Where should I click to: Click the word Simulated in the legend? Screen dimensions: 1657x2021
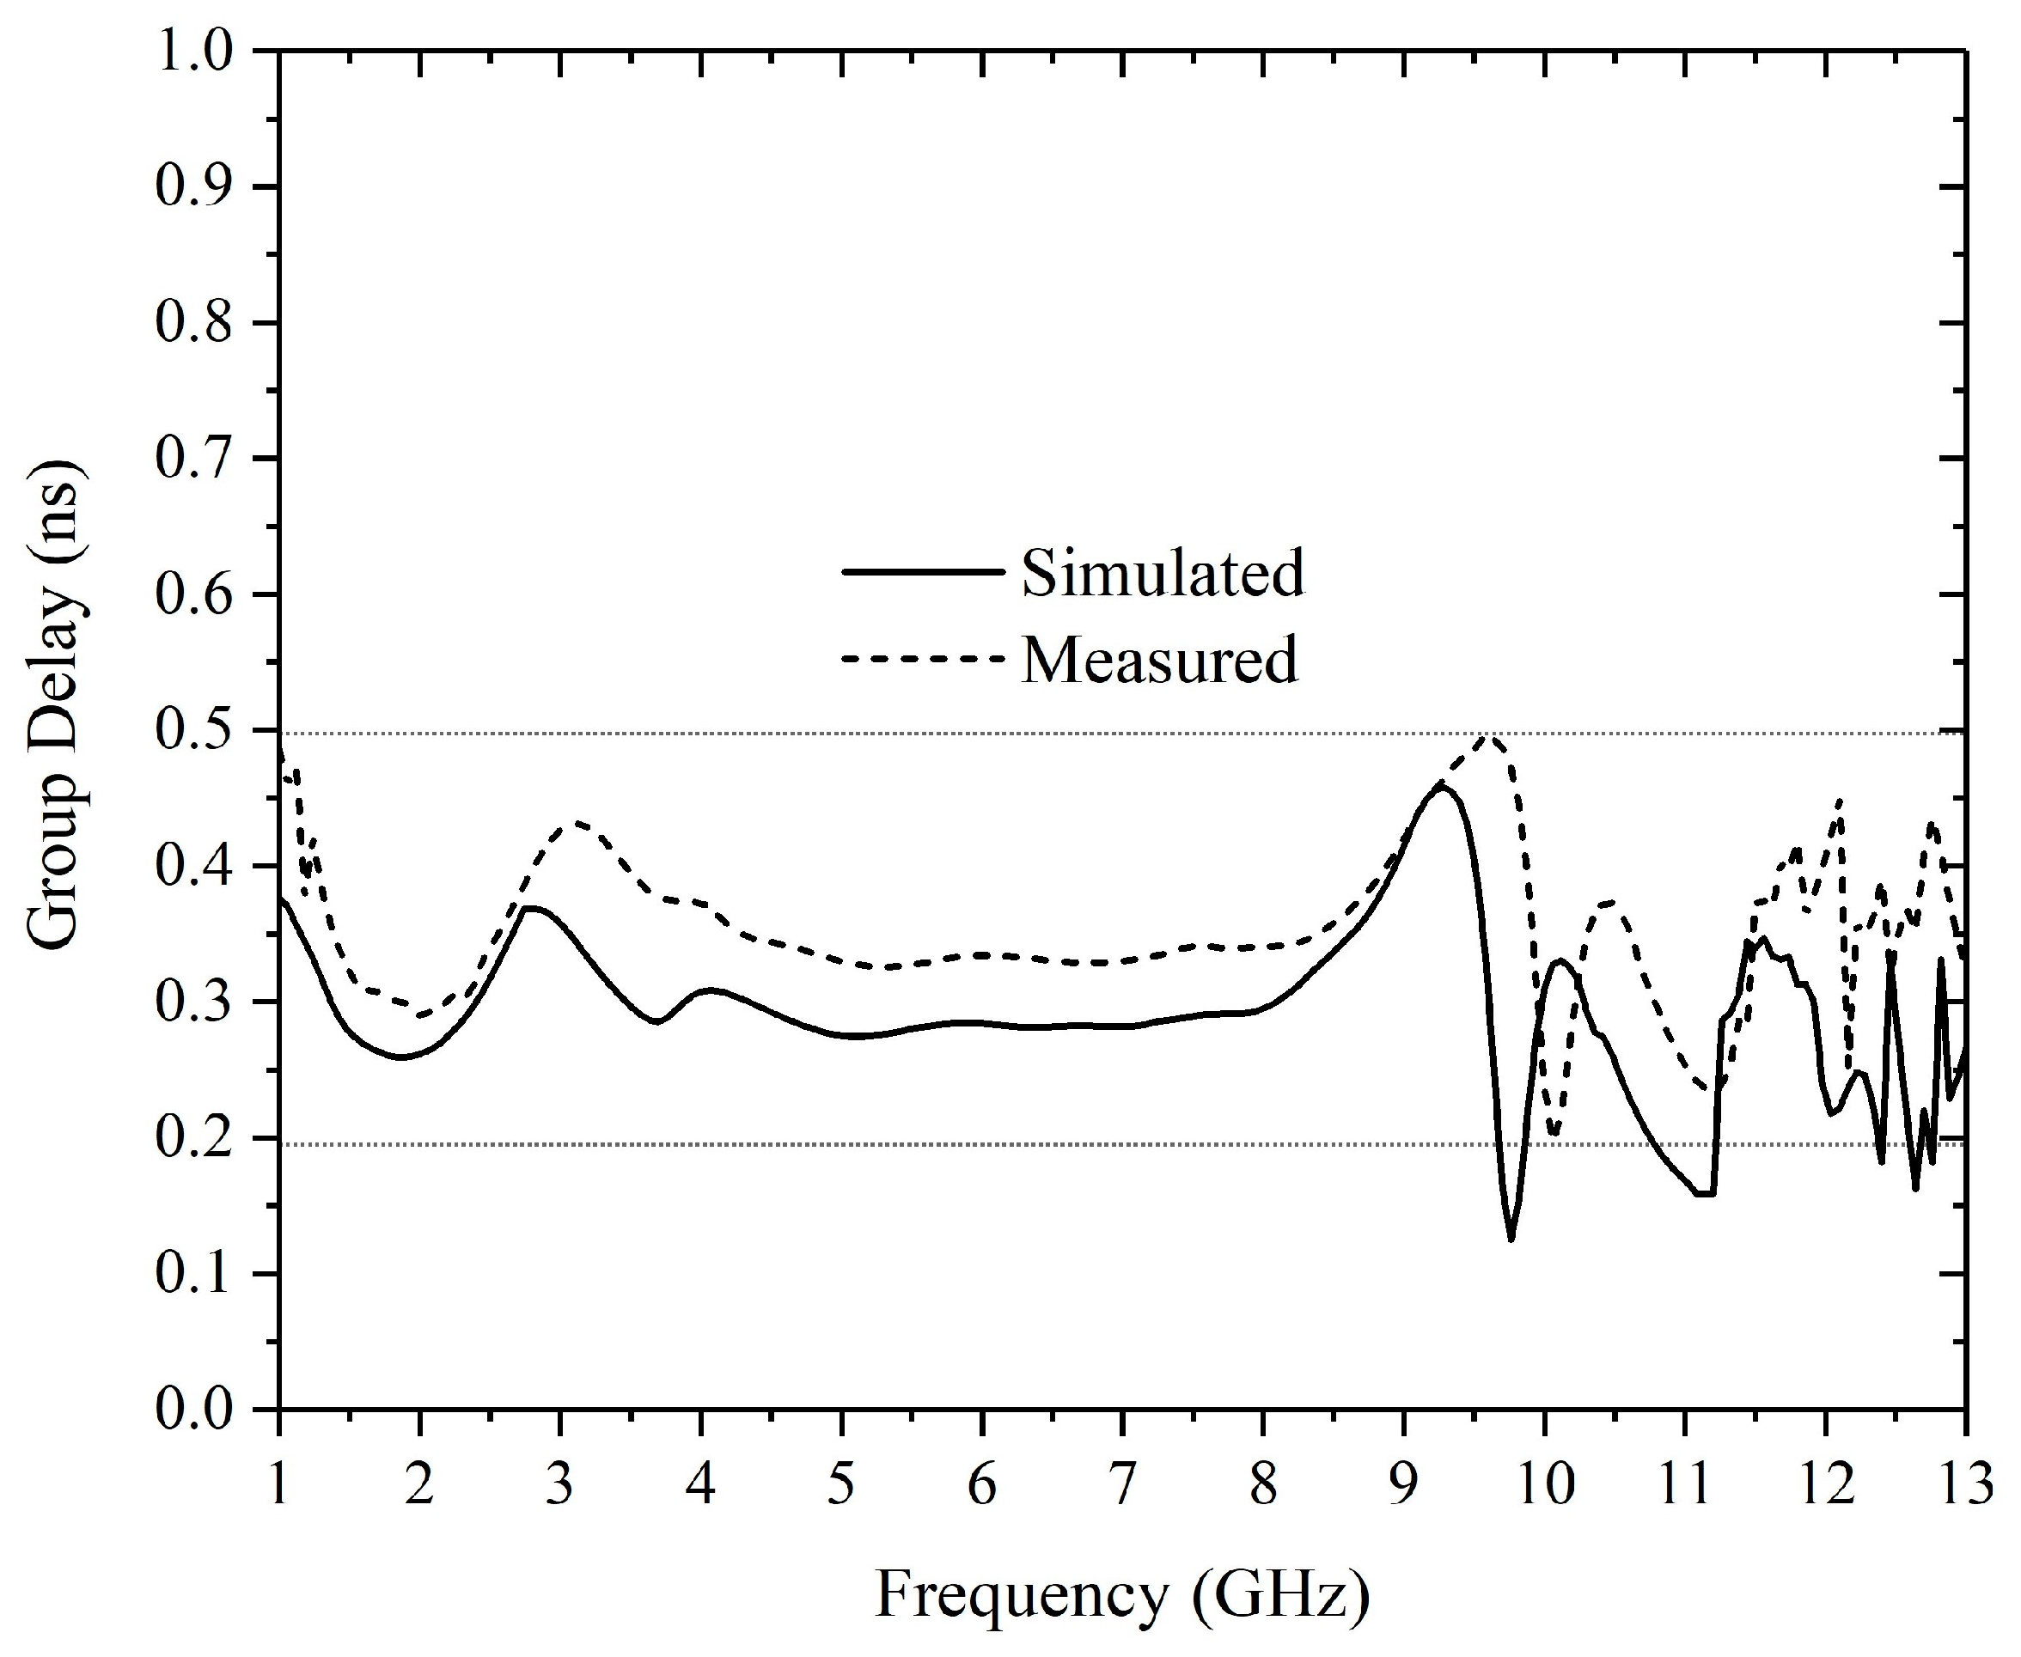coord(1162,573)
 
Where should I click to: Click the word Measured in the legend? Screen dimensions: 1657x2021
coord(1160,659)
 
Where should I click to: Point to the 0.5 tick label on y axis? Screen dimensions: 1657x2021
coord(194,731)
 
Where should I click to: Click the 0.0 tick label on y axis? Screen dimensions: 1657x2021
coord(194,1410)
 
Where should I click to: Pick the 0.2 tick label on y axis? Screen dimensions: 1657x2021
coord(194,1138)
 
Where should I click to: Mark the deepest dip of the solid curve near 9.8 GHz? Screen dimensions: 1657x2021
coord(1511,1239)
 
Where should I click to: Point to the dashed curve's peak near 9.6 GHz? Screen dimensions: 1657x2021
coord(1488,736)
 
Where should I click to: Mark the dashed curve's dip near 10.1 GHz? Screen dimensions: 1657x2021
coord(1554,1135)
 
